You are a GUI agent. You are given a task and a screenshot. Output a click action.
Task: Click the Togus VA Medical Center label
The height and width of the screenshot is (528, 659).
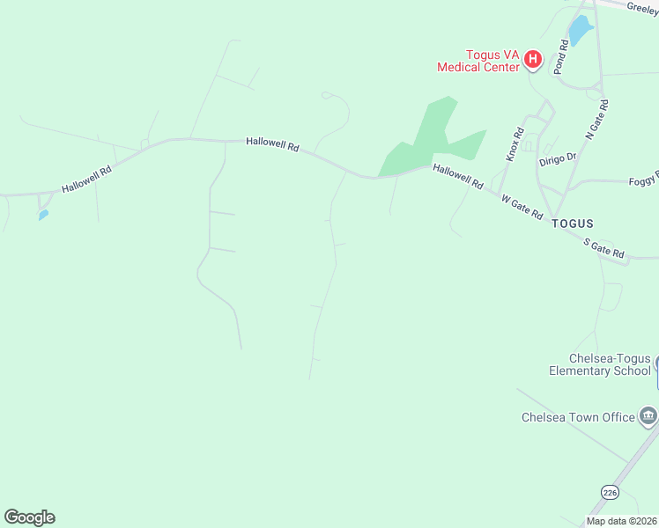pyautogui.click(x=479, y=61)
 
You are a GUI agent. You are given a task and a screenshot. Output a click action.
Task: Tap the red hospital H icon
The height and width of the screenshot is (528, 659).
pyautogui.click(x=532, y=60)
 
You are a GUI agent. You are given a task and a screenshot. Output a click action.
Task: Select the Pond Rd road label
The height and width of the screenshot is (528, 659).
pyautogui.click(x=562, y=55)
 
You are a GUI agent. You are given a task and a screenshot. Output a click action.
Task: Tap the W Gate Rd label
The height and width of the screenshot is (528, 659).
pyautogui.click(x=522, y=208)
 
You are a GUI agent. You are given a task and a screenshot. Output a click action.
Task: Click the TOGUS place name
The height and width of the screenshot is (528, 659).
pyautogui.click(x=573, y=224)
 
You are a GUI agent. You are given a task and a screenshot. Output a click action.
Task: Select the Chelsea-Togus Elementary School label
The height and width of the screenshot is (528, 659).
pyautogui.click(x=600, y=364)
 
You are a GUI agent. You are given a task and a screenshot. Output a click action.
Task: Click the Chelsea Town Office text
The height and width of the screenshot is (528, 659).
pyautogui.click(x=578, y=416)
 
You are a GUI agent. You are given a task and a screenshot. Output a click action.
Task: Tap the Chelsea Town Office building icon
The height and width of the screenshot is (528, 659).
pyautogui.click(x=648, y=415)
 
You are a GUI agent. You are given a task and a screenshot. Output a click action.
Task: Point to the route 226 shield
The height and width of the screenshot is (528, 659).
pyautogui.click(x=609, y=492)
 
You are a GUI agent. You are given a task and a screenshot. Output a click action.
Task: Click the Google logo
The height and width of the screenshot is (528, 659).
pyautogui.click(x=29, y=517)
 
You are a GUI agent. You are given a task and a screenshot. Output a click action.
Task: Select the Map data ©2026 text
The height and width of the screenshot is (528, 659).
pyautogui.click(x=622, y=521)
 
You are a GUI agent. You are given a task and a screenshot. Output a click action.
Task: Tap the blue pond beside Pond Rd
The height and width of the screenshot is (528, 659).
pyautogui.click(x=579, y=31)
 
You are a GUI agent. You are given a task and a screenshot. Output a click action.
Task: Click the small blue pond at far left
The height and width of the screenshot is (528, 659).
pyautogui.click(x=43, y=215)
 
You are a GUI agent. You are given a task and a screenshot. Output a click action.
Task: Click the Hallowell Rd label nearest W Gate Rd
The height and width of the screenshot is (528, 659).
pyautogui.click(x=458, y=177)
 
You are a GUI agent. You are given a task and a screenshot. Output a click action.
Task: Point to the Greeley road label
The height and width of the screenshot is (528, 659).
pyautogui.click(x=642, y=7)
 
